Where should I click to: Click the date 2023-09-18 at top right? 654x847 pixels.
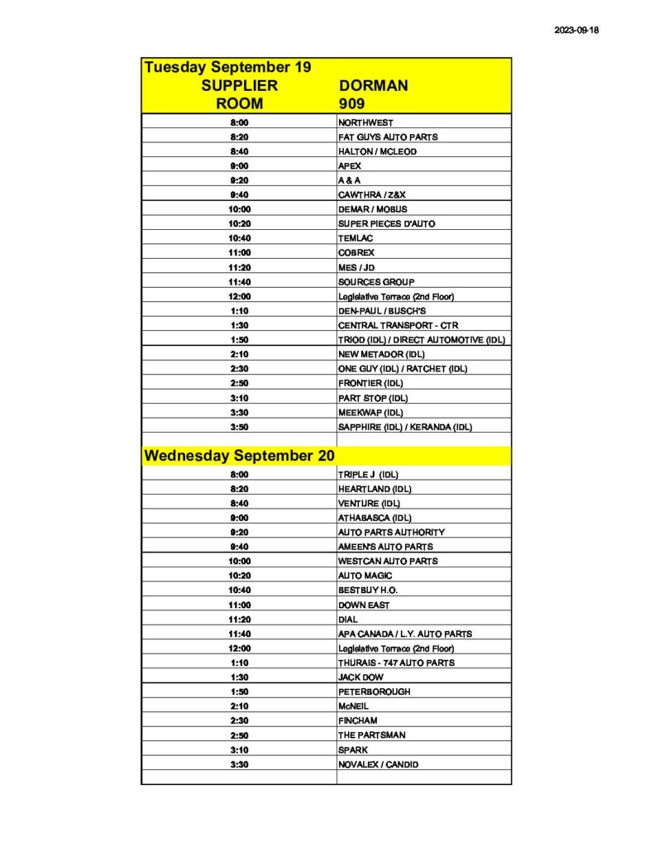click(x=575, y=31)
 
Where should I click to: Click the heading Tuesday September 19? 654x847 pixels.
click(x=227, y=67)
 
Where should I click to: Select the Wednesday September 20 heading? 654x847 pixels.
click(x=239, y=456)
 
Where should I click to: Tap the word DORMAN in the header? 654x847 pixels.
click(x=374, y=86)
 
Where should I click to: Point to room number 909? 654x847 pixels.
click(x=351, y=104)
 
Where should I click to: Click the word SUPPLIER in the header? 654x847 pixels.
click(x=240, y=86)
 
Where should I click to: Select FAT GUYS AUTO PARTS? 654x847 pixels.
click(x=388, y=136)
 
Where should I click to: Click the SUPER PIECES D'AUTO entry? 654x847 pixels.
click(x=387, y=223)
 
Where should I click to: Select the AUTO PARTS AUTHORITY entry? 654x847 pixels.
click(x=391, y=532)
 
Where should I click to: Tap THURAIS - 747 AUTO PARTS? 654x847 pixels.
click(x=396, y=663)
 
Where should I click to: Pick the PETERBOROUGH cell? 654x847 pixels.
click(x=374, y=691)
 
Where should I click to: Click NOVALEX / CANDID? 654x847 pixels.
click(x=378, y=764)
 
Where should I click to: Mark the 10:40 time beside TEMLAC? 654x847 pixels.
click(x=240, y=238)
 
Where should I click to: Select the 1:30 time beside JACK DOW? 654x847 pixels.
click(x=240, y=677)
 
